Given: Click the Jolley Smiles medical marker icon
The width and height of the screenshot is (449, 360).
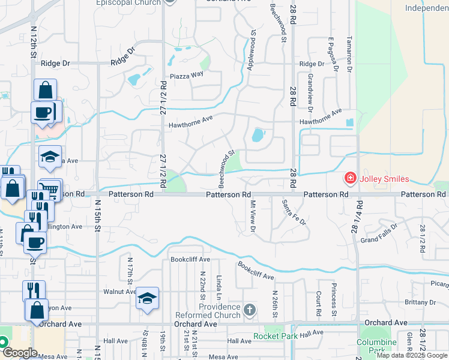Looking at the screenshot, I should tap(349, 178).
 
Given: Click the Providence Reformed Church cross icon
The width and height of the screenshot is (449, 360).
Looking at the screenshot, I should tap(250, 310).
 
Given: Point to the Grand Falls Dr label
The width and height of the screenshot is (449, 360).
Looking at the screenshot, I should tap(377, 240).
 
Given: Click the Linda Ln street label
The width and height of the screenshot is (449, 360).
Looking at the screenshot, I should tap(220, 289).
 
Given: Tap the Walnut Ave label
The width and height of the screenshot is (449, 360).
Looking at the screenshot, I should tap(120, 292).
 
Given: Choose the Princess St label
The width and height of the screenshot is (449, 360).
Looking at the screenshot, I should tap(334, 299).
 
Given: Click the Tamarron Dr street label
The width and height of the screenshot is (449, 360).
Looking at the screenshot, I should tap(348, 54).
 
